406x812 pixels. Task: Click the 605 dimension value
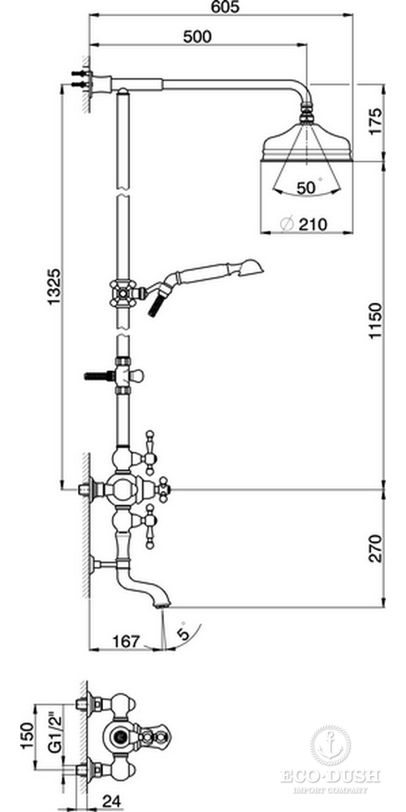click(x=226, y=8)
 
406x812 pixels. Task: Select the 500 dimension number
click(x=198, y=37)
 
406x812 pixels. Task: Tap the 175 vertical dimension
click(x=375, y=121)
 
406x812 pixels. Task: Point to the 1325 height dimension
click(x=55, y=287)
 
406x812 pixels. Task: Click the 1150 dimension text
click(x=375, y=322)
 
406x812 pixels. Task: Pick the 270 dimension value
click(x=375, y=548)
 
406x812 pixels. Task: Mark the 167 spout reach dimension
click(x=127, y=641)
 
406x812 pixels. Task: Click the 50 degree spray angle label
click(x=309, y=188)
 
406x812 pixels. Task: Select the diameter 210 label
click(x=304, y=225)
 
